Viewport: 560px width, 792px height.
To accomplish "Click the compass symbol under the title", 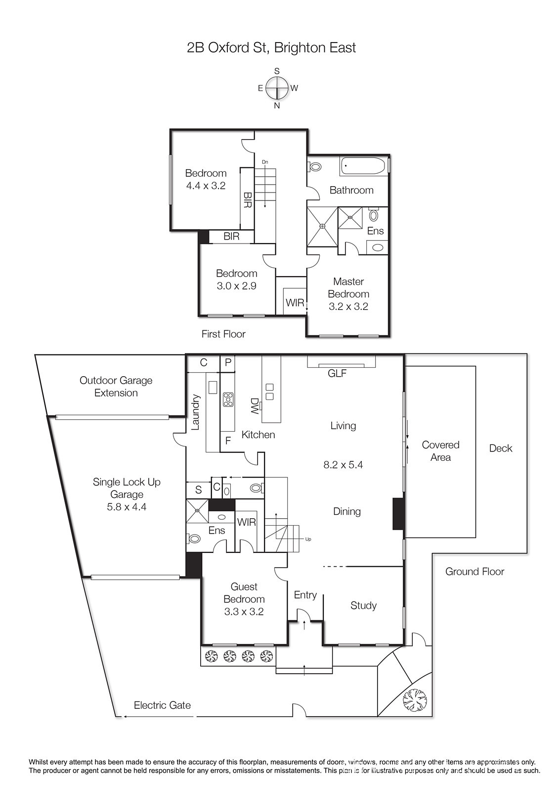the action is pos(277,88).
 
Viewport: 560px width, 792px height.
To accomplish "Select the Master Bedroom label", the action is pos(348,288).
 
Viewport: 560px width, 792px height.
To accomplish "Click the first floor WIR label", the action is pos(295,302).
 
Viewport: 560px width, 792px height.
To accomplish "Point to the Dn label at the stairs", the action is pos(265,162).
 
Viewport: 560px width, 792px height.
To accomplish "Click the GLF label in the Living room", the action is pos(337,373).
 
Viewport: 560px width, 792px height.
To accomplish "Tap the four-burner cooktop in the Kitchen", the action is pos(228,399).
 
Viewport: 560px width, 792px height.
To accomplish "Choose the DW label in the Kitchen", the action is pos(255,406).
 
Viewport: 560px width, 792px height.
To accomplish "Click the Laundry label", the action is pos(195,412).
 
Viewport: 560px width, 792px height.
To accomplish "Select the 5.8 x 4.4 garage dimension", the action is pos(127,507).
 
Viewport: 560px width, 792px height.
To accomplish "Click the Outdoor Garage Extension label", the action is pos(116,387).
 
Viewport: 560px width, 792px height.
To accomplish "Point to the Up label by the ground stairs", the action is pos(308,539).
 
